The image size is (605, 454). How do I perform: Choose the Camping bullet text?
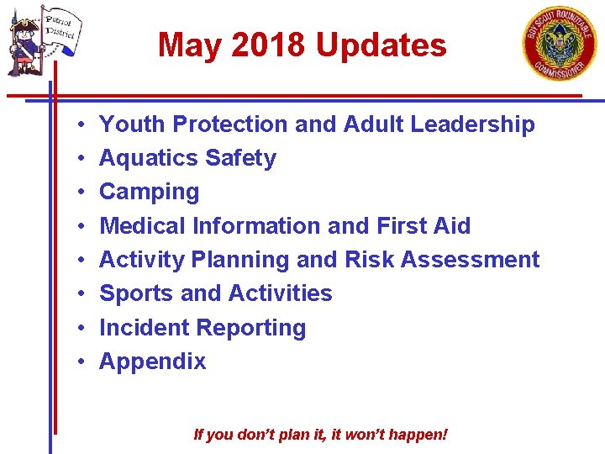pyautogui.click(x=149, y=193)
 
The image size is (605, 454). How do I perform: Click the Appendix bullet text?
pyautogui.click(x=152, y=362)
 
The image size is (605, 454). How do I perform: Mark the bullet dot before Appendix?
pyautogui.click(x=77, y=362)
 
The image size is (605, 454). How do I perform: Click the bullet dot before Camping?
pyautogui.click(x=77, y=192)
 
